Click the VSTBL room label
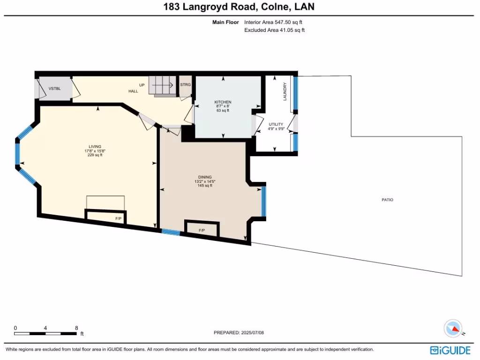[x=54, y=89]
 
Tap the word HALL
[x=134, y=91]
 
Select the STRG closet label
[x=186, y=85]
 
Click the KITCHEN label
[x=223, y=102]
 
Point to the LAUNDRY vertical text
[x=285, y=92]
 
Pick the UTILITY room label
[x=276, y=124]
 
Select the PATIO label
[x=387, y=200]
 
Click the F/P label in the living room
[x=118, y=219]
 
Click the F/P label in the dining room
[x=202, y=230]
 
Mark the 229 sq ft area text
[x=95, y=155]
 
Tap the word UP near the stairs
[x=142, y=85]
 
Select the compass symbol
[x=453, y=328]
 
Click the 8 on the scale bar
[x=76, y=328]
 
